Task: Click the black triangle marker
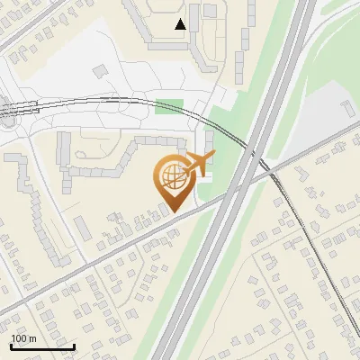pyautogui.click(x=180, y=24)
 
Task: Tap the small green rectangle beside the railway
pyautogui.click(x=168, y=106)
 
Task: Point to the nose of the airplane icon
pyautogui.click(x=213, y=157)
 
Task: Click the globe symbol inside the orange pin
pyautogui.click(x=171, y=177)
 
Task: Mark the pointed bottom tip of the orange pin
pyautogui.click(x=172, y=212)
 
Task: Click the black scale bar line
pyautogui.click(x=42, y=346)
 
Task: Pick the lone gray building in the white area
pyautogui.click(x=101, y=69)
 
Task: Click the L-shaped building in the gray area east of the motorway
pyautogui.click(x=347, y=107)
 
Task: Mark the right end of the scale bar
pyautogui.click(x=74, y=346)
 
